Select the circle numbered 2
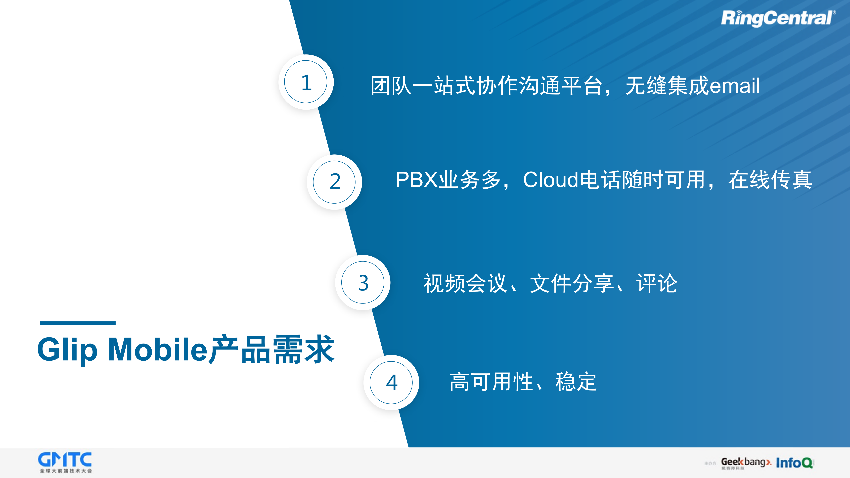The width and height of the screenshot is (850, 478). tap(334, 182)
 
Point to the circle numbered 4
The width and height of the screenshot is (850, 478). tap(391, 383)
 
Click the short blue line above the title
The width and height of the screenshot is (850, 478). tap(78, 323)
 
